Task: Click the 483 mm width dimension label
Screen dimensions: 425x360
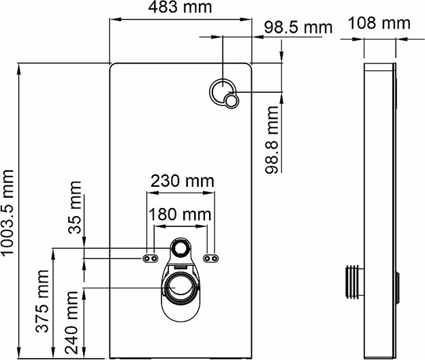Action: [180, 7]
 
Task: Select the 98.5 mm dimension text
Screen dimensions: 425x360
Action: [298, 27]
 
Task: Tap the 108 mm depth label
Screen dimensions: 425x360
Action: [379, 22]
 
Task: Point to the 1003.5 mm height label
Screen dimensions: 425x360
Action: [7, 213]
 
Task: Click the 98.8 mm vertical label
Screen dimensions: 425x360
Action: [272, 140]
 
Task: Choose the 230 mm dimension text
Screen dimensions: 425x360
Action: [182, 181]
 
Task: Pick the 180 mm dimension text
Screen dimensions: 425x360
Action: [180, 214]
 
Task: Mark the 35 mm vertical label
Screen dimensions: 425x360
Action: [75, 207]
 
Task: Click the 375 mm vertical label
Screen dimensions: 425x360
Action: [42, 301]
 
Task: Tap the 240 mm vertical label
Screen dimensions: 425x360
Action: [72, 322]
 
